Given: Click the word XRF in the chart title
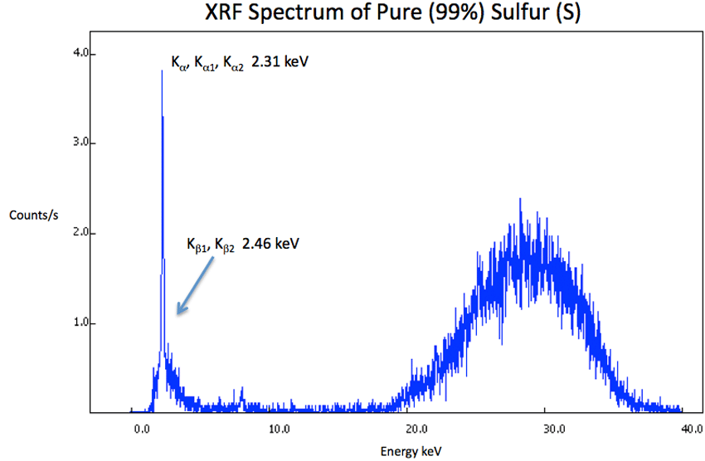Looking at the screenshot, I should [222, 15].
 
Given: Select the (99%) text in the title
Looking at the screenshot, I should [406, 15].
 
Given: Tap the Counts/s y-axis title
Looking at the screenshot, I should [33, 216].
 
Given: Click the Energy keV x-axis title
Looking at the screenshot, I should [410, 451].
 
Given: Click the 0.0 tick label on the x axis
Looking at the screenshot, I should [143, 429].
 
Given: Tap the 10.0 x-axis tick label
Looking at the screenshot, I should [280, 429].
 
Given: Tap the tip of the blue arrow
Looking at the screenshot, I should [177, 314].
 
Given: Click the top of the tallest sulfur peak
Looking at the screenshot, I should [162, 71].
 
